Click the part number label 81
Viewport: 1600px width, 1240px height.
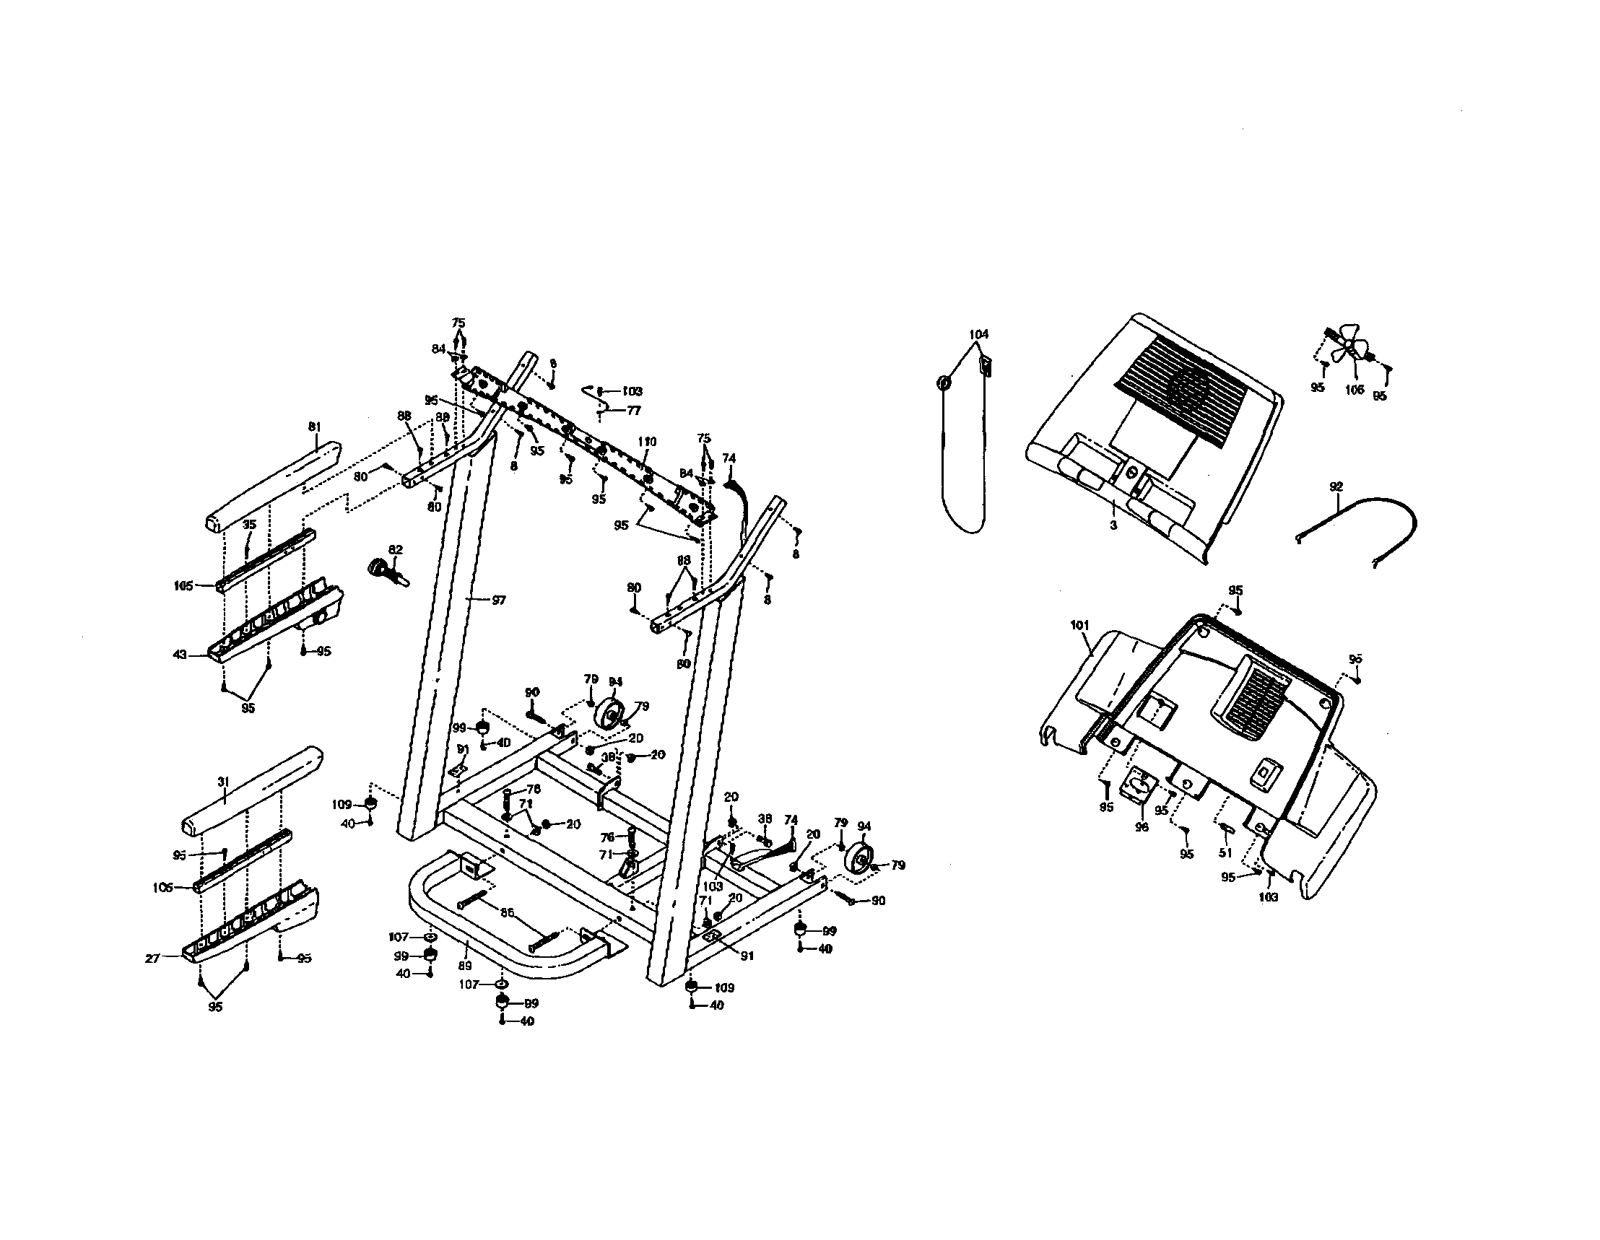tap(314, 427)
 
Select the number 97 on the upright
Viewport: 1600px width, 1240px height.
tap(498, 601)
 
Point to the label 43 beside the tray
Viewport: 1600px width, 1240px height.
tap(181, 655)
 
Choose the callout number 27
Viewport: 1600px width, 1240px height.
tap(152, 958)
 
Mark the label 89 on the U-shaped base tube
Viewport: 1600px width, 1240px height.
tap(464, 966)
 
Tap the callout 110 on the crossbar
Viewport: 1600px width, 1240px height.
tap(647, 442)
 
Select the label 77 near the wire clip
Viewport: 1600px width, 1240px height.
tap(633, 411)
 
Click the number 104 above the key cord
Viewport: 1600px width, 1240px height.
tap(979, 334)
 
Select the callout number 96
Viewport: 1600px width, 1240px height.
tap(1142, 827)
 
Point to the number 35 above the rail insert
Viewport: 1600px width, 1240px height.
tap(250, 525)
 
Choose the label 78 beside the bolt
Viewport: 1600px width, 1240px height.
tap(534, 790)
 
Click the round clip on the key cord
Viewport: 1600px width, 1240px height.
tap(944, 383)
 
